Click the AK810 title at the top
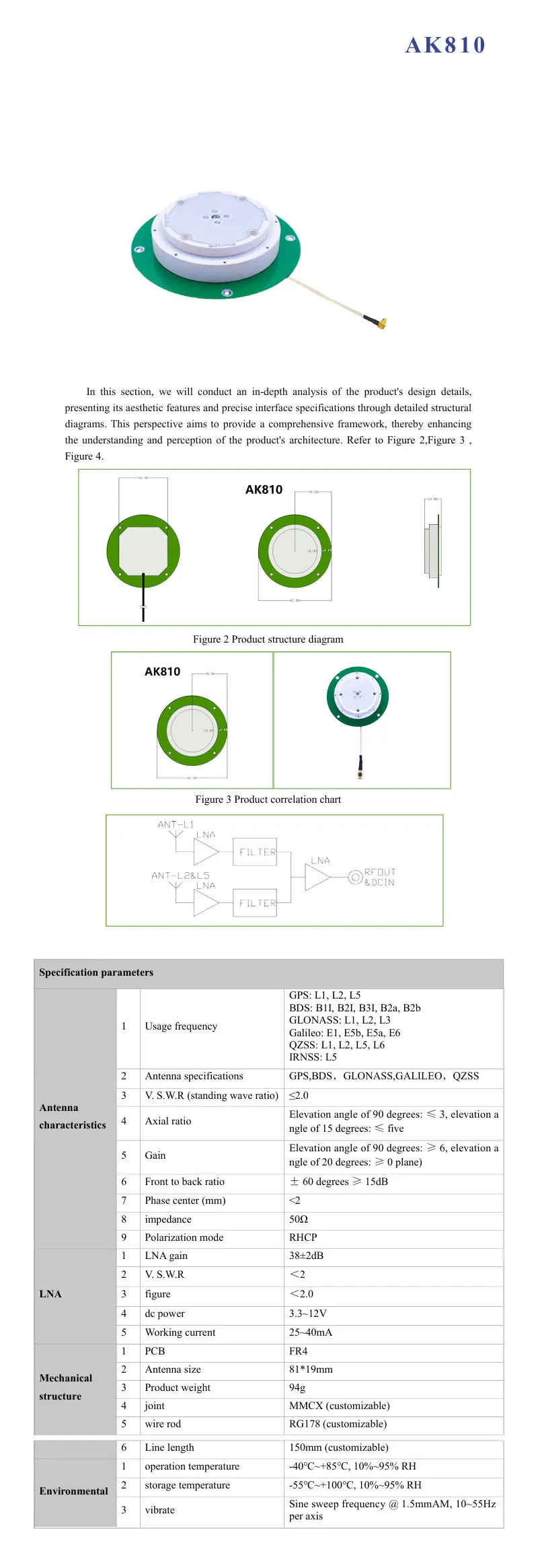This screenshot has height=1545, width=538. [445, 45]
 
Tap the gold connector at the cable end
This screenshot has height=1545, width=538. [380, 324]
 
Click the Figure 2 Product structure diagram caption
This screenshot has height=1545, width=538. [268, 639]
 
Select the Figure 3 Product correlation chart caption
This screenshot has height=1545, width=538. [268, 799]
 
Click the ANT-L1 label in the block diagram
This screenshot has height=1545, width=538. [176, 824]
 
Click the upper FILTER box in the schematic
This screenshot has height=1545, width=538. [255, 852]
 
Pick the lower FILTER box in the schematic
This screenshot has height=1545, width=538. [255, 903]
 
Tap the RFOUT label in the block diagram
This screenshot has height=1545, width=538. [380, 872]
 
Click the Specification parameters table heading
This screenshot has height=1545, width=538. [96, 972]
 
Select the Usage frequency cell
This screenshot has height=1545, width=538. [181, 1026]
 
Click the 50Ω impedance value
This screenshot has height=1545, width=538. [299, 1219]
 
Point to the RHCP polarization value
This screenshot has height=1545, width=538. [303, 1237]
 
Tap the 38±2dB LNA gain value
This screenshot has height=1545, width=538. [306, 1256]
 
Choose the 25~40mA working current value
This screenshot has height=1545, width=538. [311, 1332]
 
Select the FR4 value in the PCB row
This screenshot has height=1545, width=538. [298, 1351]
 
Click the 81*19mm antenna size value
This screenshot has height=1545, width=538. [311, 1369]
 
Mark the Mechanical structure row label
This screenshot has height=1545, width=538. [65, 1387]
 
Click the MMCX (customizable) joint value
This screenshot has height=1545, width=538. [339, 1406]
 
